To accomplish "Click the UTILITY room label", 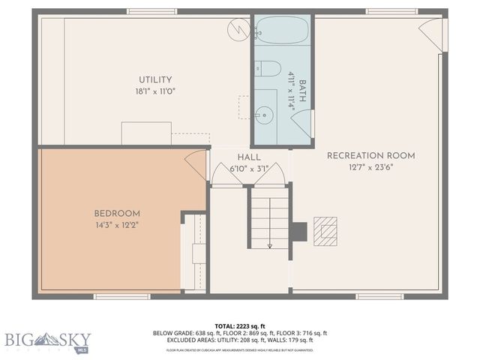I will tap(155, 79).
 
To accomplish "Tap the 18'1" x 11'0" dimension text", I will tap(155, 91).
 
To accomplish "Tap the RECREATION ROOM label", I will tap(370, 155).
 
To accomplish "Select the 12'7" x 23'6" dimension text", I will tap(370, 167).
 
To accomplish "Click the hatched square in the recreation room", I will tap(325, 231).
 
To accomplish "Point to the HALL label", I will tap(249, 158).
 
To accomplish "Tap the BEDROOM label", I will tap(117, 213).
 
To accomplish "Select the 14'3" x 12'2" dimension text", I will tap(117, 225).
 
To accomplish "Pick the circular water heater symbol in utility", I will tap(239, 30).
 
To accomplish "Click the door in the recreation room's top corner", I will tap(433, 34).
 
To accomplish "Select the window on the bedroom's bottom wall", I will tap(121, 296).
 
